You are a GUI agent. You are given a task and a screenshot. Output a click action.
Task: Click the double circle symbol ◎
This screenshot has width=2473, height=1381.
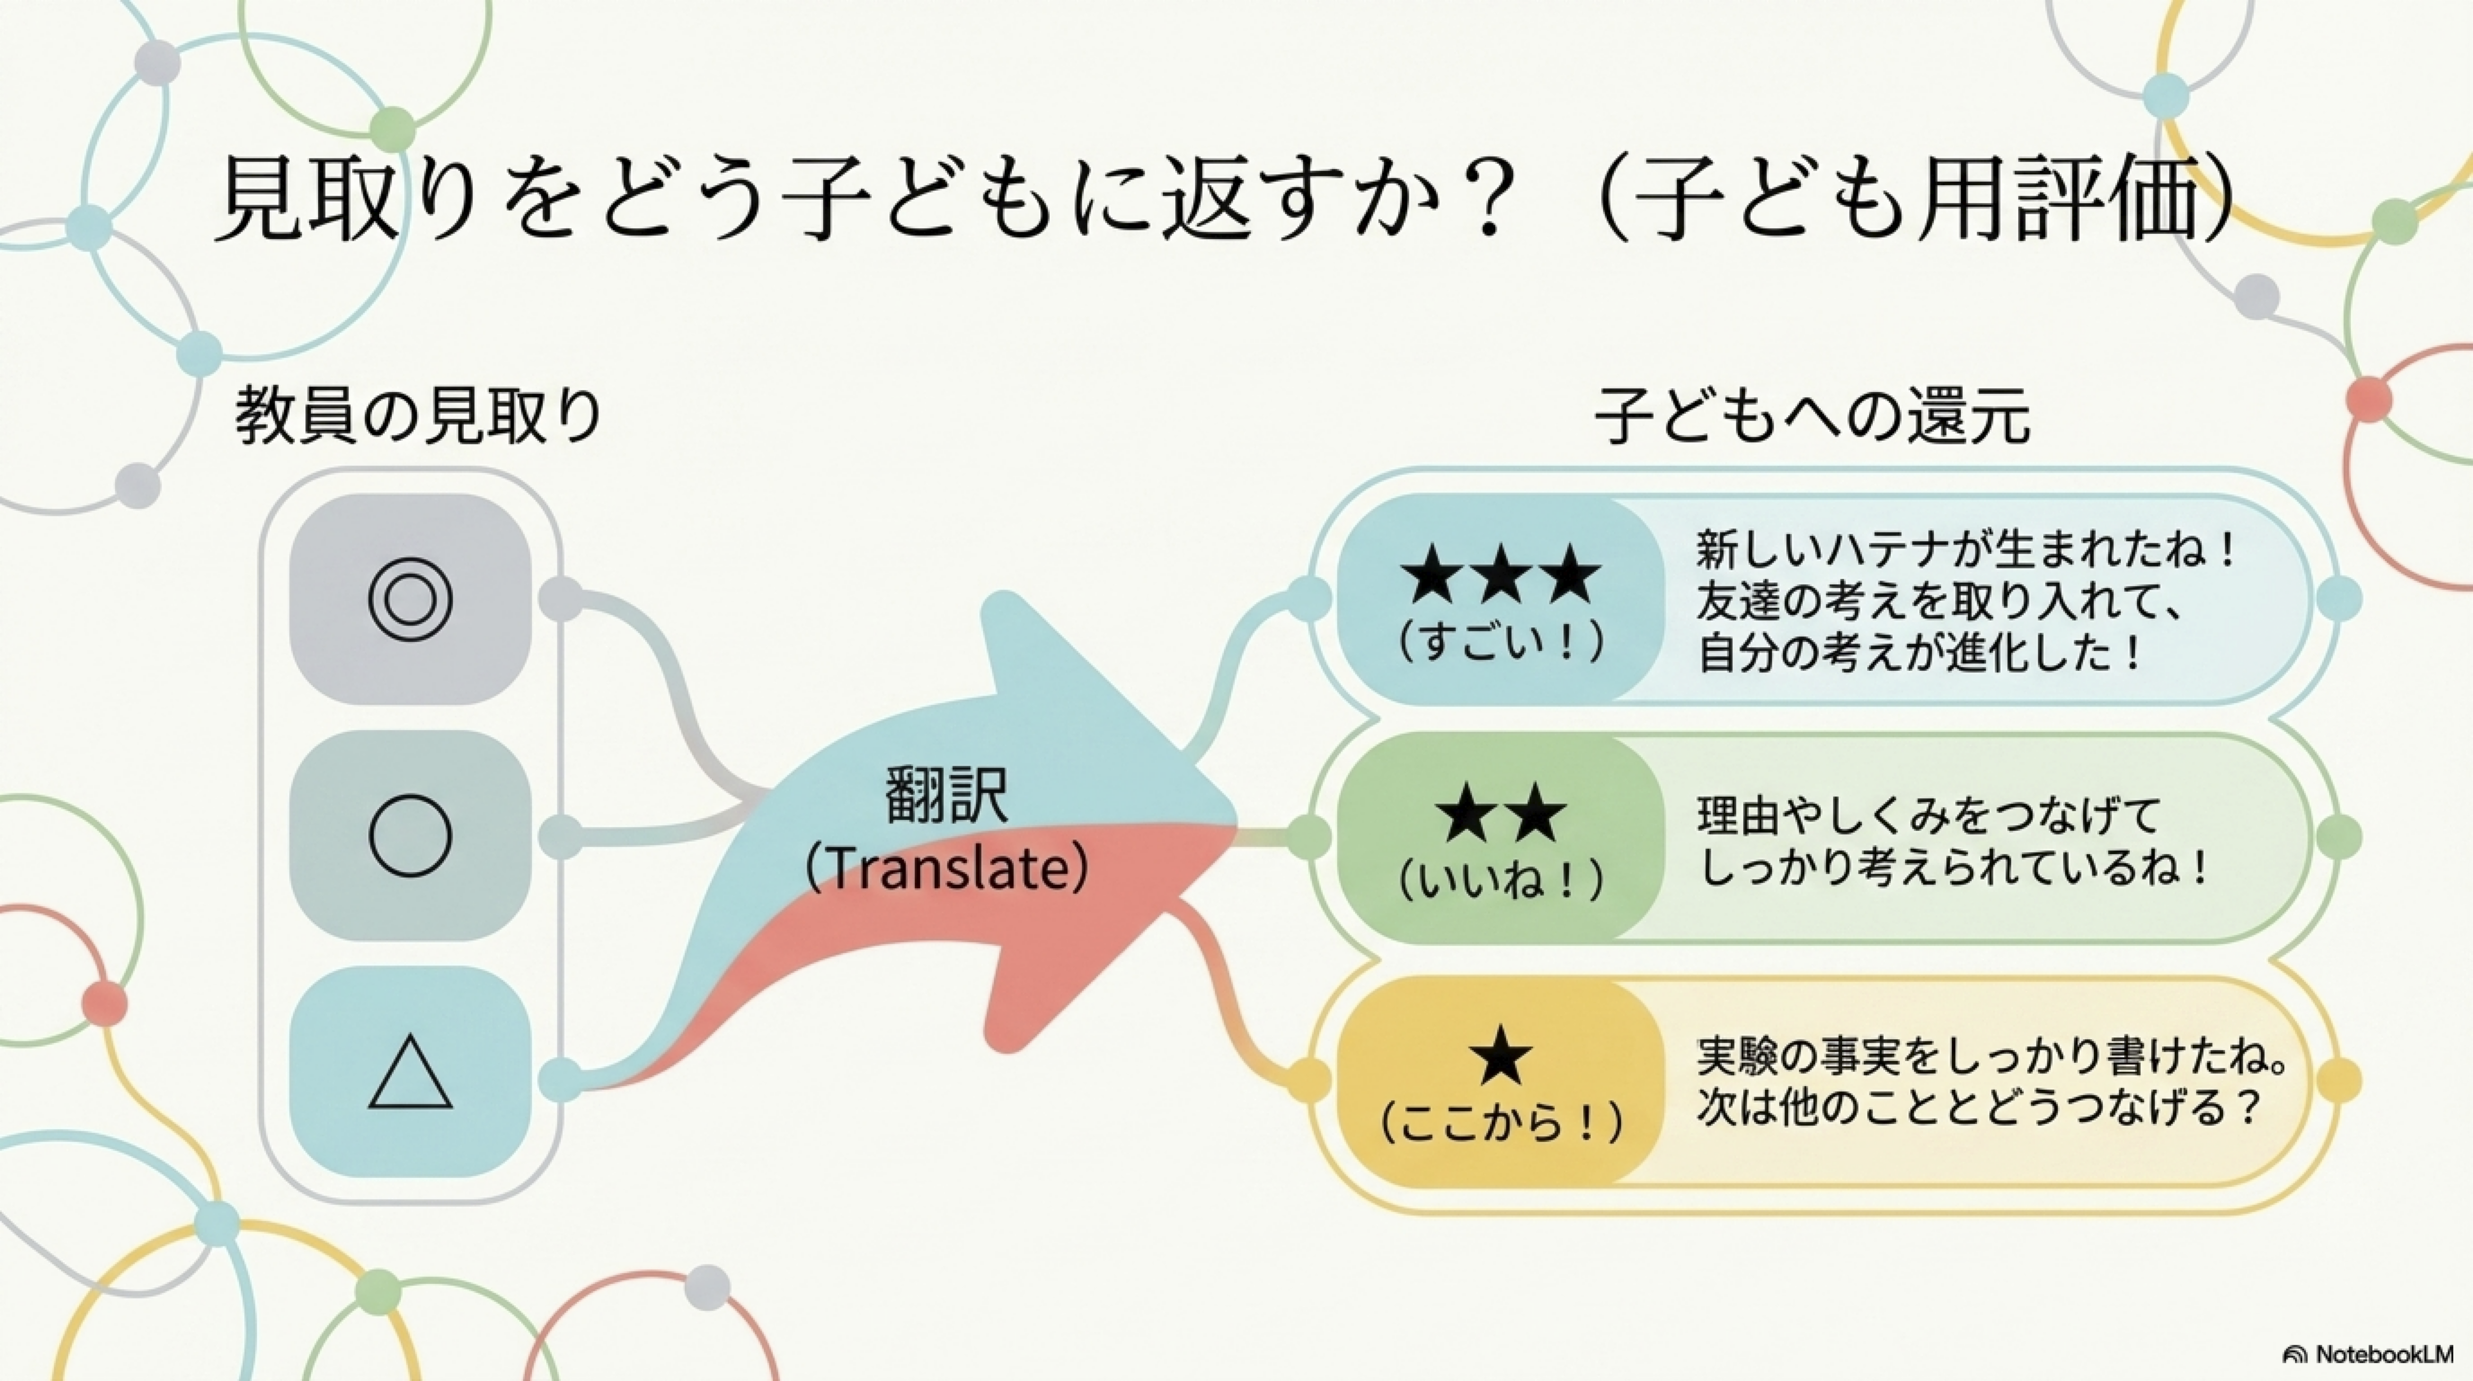click(x=410, y=601)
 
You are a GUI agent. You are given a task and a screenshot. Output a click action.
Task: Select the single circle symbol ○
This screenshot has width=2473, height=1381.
click(x=410, y=836)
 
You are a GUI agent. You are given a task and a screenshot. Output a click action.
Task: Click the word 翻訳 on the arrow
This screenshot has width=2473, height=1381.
click(x=946, y=796)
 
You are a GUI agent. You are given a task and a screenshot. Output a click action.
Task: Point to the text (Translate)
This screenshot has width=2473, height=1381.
click(x=946, y=869)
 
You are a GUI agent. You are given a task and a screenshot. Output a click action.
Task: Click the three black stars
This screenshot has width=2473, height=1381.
click(x=1501, y=574)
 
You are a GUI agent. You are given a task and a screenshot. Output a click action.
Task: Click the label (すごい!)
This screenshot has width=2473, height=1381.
click(x=1501, y=643)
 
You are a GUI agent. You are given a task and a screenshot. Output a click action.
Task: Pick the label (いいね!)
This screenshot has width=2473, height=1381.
click(x=1501, y=880)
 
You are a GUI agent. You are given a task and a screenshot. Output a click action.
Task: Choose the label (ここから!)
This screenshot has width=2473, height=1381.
click(x=1501, y=1122)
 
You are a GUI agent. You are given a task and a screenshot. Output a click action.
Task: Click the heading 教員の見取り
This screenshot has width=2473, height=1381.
click(x=419, y=416)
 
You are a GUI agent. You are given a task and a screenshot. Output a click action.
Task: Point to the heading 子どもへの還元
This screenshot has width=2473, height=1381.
click(x=1813, y=416)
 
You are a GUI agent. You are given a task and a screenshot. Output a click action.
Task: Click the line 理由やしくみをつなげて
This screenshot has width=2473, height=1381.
click(x=1928, y=816)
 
